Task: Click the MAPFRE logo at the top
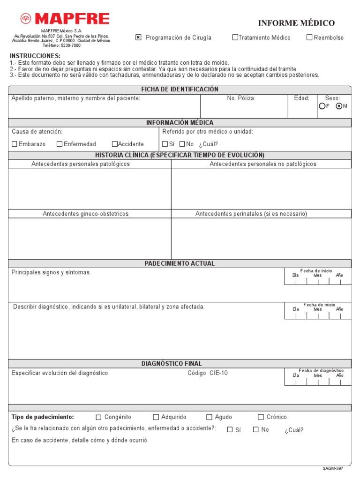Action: (x=65, y=19)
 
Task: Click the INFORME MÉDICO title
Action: (x=296, y=23)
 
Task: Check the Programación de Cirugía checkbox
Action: (x=138, y=37)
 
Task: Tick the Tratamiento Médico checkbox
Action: (x=235, y=37)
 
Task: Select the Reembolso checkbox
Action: (x=309, y=37)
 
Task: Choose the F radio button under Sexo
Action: (x=322, y=106)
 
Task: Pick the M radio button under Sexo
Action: (x=339, y=106)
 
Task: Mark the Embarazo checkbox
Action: (x=15, y=144)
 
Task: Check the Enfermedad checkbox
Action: (x=60, y=144)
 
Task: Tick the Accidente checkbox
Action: (x=114, y=144)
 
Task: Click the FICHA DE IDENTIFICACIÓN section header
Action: (x=180, y=90)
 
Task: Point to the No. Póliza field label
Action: (x=241, y=98)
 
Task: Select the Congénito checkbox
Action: (x=98, y=417)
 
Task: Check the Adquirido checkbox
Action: (x=156, y=417)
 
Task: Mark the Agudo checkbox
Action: (x=210, y=417)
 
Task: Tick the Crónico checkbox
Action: (x=261, y=417)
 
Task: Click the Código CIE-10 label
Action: (x=208, y=373)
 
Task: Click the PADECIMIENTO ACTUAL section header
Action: (x=180, y=264)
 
